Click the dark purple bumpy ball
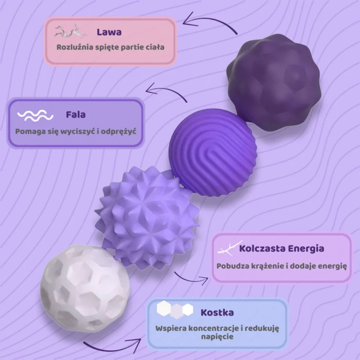[273, 81]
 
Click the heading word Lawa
[109, 32]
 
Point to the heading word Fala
[76, 114]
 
